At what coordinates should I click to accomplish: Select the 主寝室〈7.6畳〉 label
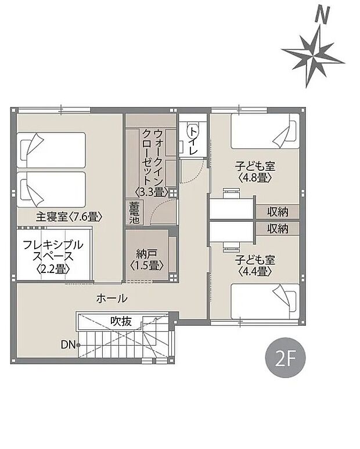point(69,217)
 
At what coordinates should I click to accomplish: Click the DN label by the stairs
point(67,345)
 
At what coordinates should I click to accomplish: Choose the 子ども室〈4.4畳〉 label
point(253,265)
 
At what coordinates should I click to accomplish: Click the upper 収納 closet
point(278,211)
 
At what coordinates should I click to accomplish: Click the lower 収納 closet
point(278,228)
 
